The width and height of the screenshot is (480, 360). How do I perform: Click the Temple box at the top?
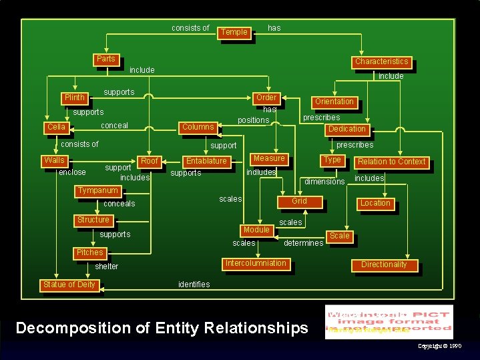click(234, 32)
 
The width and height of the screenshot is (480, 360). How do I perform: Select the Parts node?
click(105, 59)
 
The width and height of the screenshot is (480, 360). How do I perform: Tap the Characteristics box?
click(381, 61)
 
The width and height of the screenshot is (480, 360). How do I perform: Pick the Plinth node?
click(74, 98)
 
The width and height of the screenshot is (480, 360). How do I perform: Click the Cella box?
click(56, 127)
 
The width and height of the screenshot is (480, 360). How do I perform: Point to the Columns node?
click(198, 127)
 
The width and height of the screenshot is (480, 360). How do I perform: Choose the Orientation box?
click(334, 102)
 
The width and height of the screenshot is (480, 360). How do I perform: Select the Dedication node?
click(346, 129)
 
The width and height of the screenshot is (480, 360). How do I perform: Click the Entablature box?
click(206, 161)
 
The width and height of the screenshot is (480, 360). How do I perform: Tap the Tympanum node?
click(97, 191)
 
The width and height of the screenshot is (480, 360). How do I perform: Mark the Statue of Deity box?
click(69, 285)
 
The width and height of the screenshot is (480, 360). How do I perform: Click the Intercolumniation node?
click(256, 263)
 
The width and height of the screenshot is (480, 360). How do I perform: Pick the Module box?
click(256, 230)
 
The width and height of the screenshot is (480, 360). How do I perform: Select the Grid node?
click(300, 201)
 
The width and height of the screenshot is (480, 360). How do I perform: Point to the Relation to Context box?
click(391, 162)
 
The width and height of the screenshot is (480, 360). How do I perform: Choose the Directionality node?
click(384, 265)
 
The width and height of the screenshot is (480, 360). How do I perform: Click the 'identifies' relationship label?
click(194, 285)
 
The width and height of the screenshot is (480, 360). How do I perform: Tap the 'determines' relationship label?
click(304, 243)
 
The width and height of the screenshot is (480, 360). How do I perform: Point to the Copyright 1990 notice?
click(439, 346)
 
